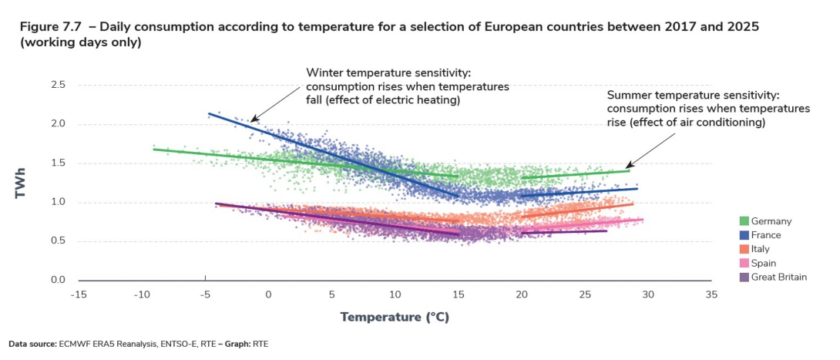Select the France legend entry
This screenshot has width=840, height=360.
[768, 235]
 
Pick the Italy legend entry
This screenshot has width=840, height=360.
[761, 249]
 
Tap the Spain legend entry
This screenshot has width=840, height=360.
[764, 263]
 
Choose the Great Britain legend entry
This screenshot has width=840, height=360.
[779, 277]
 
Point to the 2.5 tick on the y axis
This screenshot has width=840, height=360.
[59, 84]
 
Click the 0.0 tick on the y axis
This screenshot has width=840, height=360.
[59, 280]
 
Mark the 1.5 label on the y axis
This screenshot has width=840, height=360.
[59, 163]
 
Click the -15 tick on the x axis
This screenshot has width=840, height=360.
[79, 294]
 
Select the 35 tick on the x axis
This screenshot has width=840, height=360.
[711, 294]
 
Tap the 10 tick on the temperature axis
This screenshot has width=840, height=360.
[395, 294]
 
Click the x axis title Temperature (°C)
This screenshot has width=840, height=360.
[395, 317]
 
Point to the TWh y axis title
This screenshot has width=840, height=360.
[22, 181]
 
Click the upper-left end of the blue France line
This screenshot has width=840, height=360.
[209, 113]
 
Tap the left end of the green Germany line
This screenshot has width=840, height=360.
[154, 149]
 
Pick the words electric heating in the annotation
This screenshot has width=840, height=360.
[417, 100]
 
